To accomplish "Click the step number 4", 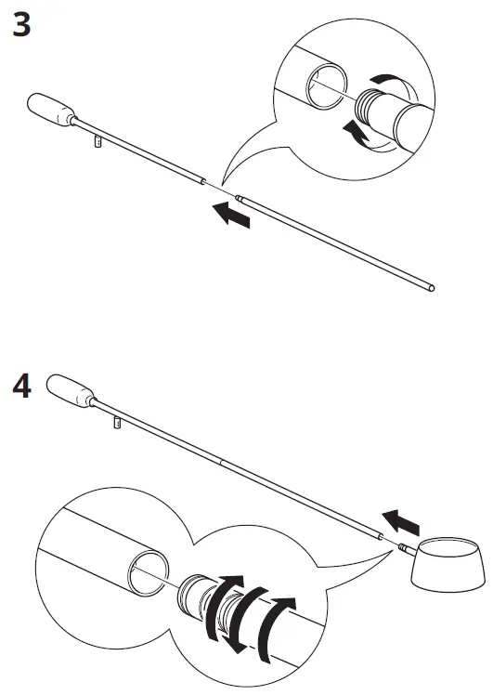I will point(21,387).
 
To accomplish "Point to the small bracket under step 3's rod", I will point(97,142).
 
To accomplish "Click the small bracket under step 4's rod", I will point(118,424).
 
